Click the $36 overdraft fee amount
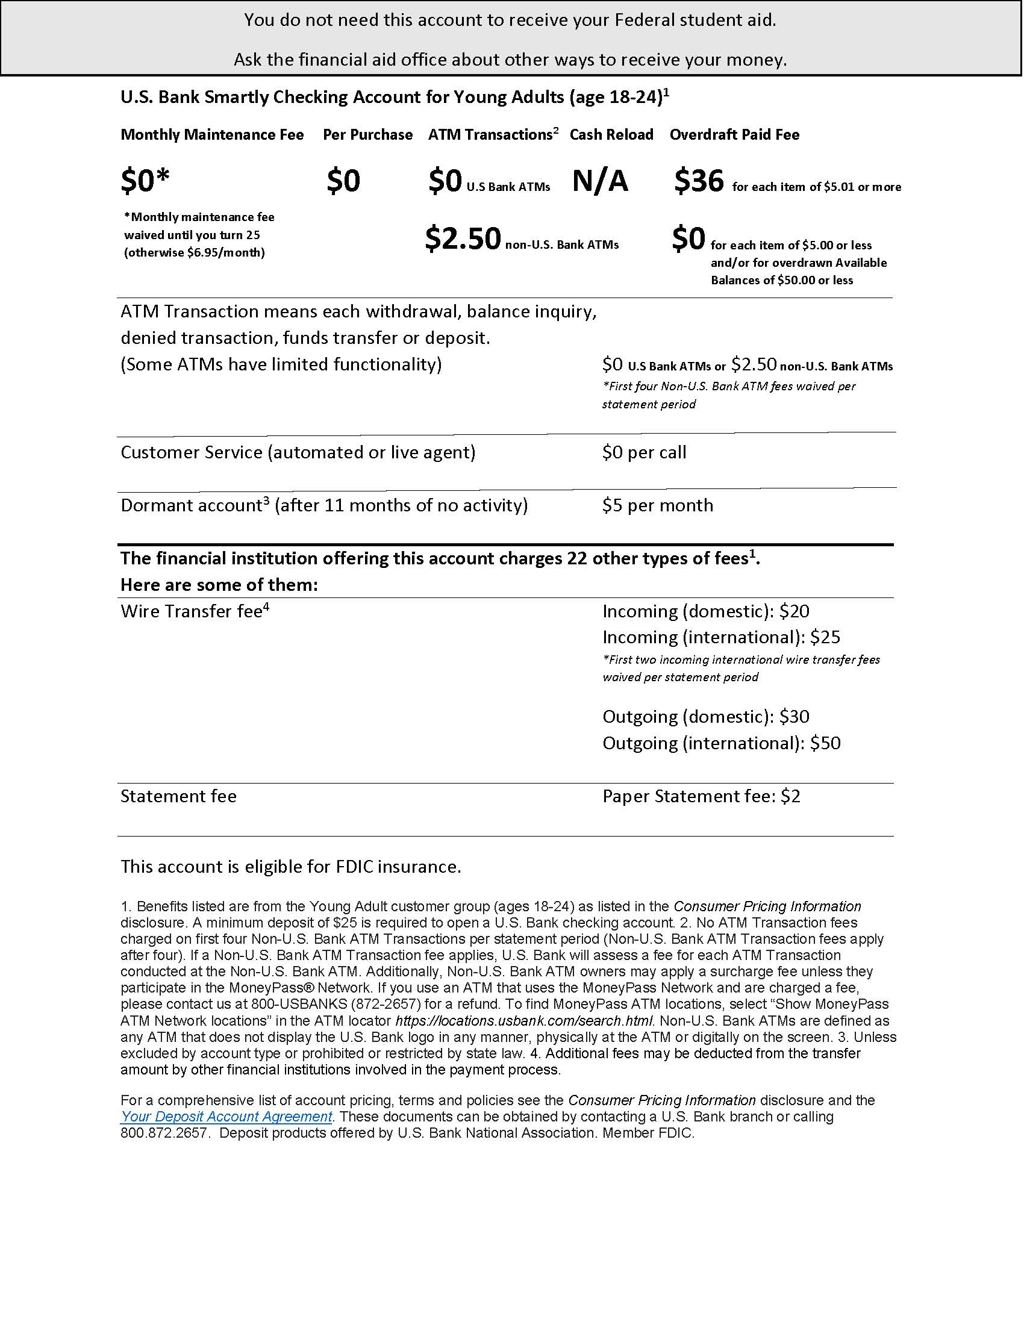[699, 181]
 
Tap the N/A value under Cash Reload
[600, 181]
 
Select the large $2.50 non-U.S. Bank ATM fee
[463, 238]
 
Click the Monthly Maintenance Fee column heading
[211, 135]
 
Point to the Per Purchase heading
[367, 135]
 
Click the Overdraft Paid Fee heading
[734, 135]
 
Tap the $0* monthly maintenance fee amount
[145, 181]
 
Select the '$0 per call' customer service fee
[645, 452]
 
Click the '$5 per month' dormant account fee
[658, 505]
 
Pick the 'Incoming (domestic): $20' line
[705, 611]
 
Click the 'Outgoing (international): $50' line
[721, 743]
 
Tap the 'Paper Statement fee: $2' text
[701, 796]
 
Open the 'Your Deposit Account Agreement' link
[226, 1116]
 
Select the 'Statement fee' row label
[178, 796]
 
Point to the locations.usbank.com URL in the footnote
[524, 1020]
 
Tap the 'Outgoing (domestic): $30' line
[705, 717]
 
